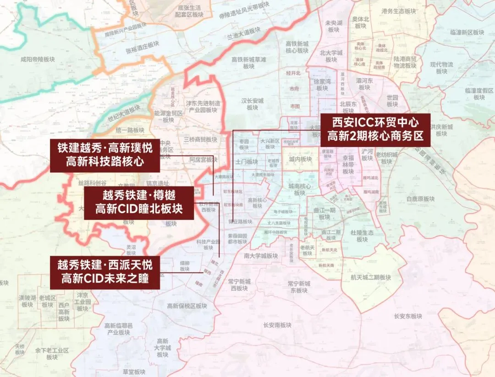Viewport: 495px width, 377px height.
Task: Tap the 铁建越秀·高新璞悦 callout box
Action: pyautogui.click(x=104, y=155)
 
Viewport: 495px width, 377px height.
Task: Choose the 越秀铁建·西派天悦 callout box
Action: pyautogui.click(x=105, y=271)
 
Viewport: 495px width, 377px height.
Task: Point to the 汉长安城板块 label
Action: pyautogui.click(x=253, y=104)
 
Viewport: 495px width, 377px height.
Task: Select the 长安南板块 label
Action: pyautogui.click(x=277, y=325)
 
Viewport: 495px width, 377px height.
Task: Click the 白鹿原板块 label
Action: pyautogui.click(x=420, y=199)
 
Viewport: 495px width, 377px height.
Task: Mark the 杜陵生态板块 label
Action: pyautogui.click(x=362, y=236)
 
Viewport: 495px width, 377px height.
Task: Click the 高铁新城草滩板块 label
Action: pyautogui.click(x=249, y=62)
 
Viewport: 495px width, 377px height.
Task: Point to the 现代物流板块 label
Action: pyautogui.click(x=441, y=68)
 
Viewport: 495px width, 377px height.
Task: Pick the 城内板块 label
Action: pyautogui.click(x=300, y=159)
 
